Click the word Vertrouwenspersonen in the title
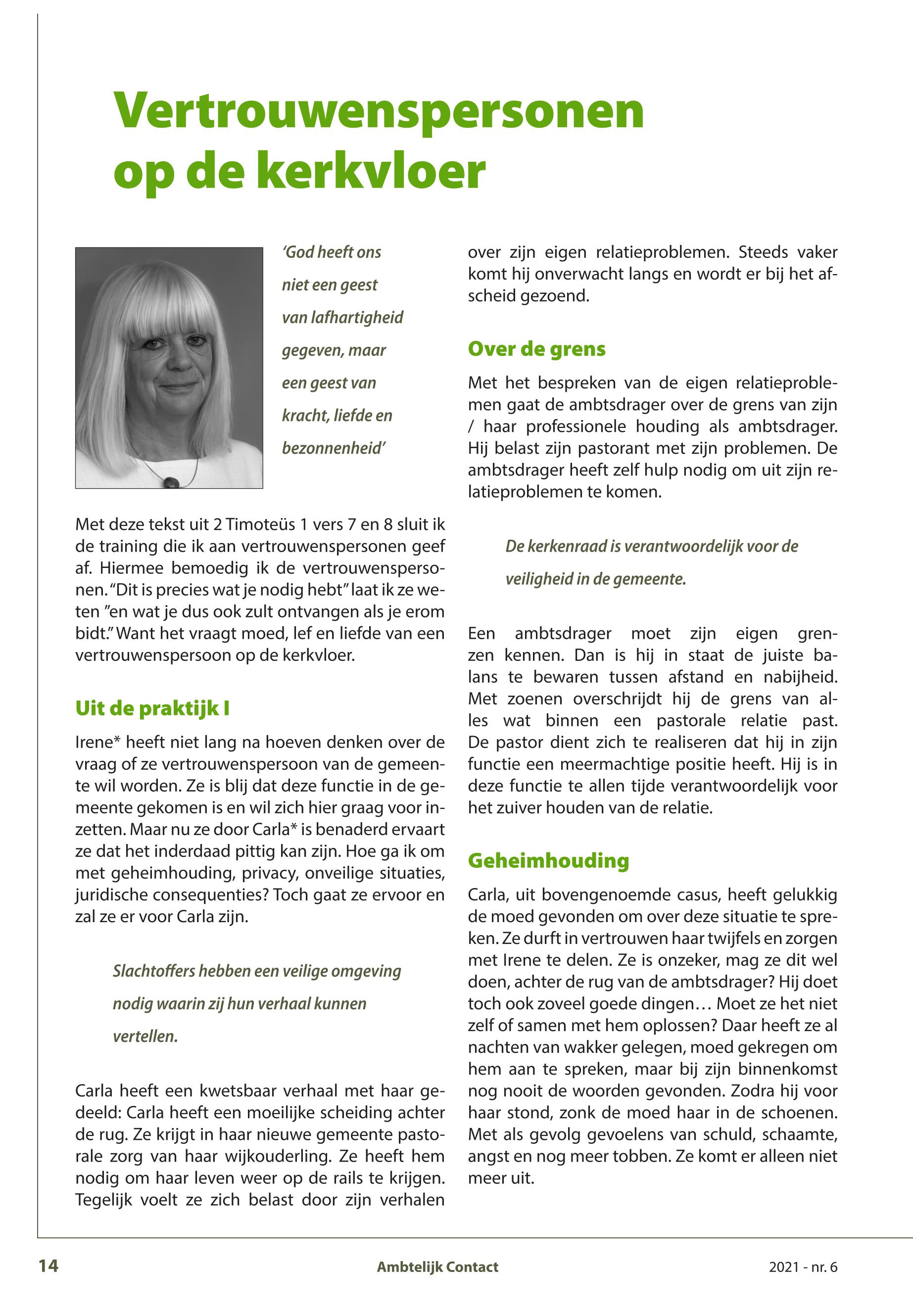tap(379, 110)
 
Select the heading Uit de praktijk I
tap(152, 708)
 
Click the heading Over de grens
tap(536, 348)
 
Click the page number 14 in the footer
tap(48, 1266)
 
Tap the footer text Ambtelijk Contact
tap(437, 1267)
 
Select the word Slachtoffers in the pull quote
tap(153, 971)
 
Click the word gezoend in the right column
tap(554, 296)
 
